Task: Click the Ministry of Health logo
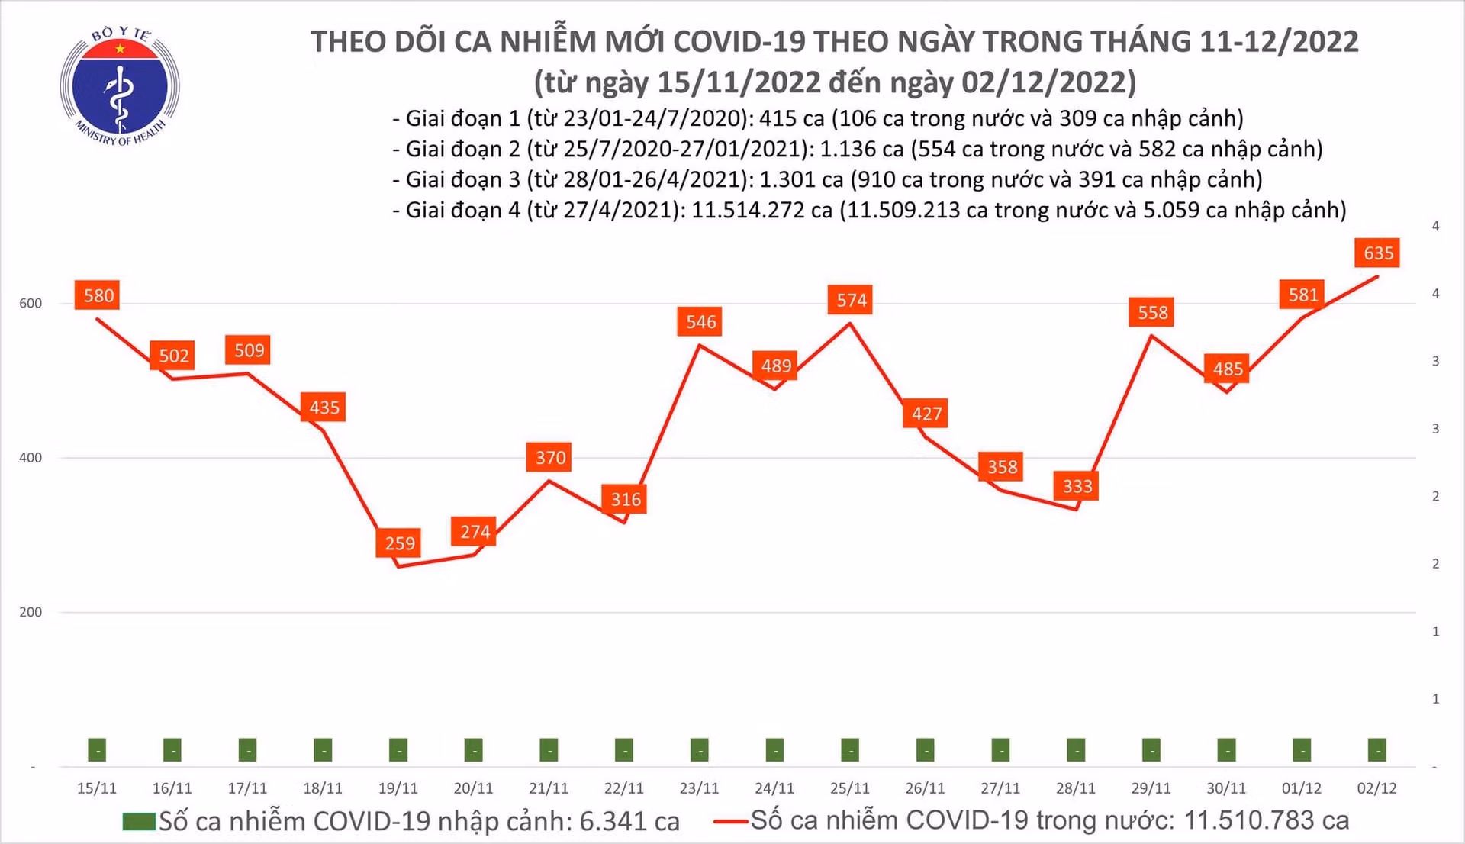[x=120, y=86]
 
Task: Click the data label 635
[x=1378, y=253]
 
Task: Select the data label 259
[x=399, y=543]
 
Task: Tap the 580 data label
[x=98, y=295]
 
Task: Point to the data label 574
[x=851, y=300]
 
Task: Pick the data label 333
[x=1077, y=486]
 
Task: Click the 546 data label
[x=700, y=321]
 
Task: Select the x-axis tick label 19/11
[x=398, y=788]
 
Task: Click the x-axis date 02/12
[x=1376, y=788]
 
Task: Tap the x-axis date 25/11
[x=849, y=788]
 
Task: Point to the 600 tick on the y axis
[x=31, y=303]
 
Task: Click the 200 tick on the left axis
[x=31, y=612]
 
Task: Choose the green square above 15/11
[x=97, y=749]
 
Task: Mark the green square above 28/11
[x=1076, y=749]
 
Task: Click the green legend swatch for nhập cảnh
[x=139, y=822]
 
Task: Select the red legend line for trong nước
[x=731, y=822]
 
